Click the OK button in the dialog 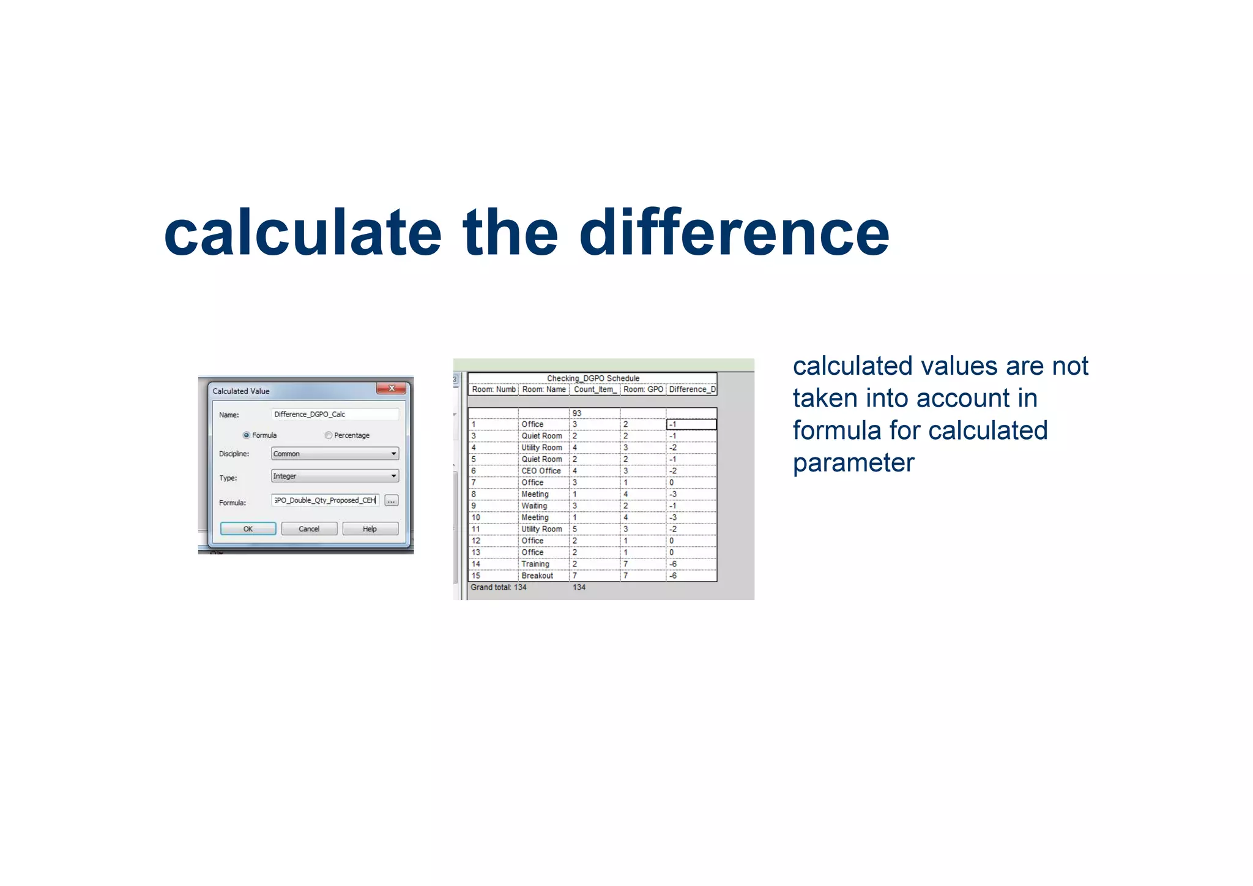coord(248,529)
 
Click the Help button coord(370,529)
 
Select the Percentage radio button coord(329,435)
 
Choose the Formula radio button coord(247,435)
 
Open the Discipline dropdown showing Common coord(335,454)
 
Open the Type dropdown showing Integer coord(335,476)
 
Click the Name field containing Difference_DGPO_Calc coord(334,415)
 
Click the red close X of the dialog coord(392,389)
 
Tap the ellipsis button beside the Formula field coord(392,501)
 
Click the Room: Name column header coord(543,389)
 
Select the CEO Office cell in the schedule coord(541,471)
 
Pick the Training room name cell coord(535,564)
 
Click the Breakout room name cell coord(537,576)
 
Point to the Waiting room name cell coord(534,506)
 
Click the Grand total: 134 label coord(498,587)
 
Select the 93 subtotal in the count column coord(576,413)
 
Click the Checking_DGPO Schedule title coord(592,378)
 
